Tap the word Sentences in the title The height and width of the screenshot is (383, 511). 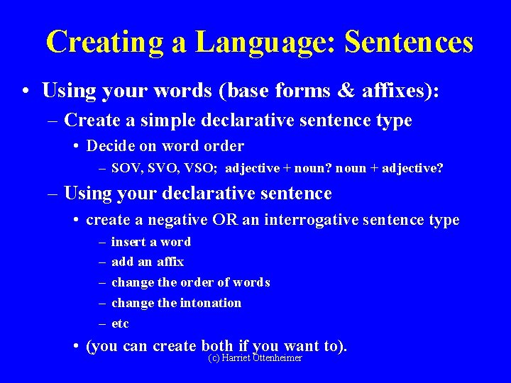(x=409, y=43)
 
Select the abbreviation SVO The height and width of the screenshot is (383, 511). (x=156, y=170)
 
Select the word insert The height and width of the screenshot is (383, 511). (x=127, y=242)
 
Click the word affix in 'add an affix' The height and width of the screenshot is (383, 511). (x=170, y=262)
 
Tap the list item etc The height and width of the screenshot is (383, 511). (x=120, y=323)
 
